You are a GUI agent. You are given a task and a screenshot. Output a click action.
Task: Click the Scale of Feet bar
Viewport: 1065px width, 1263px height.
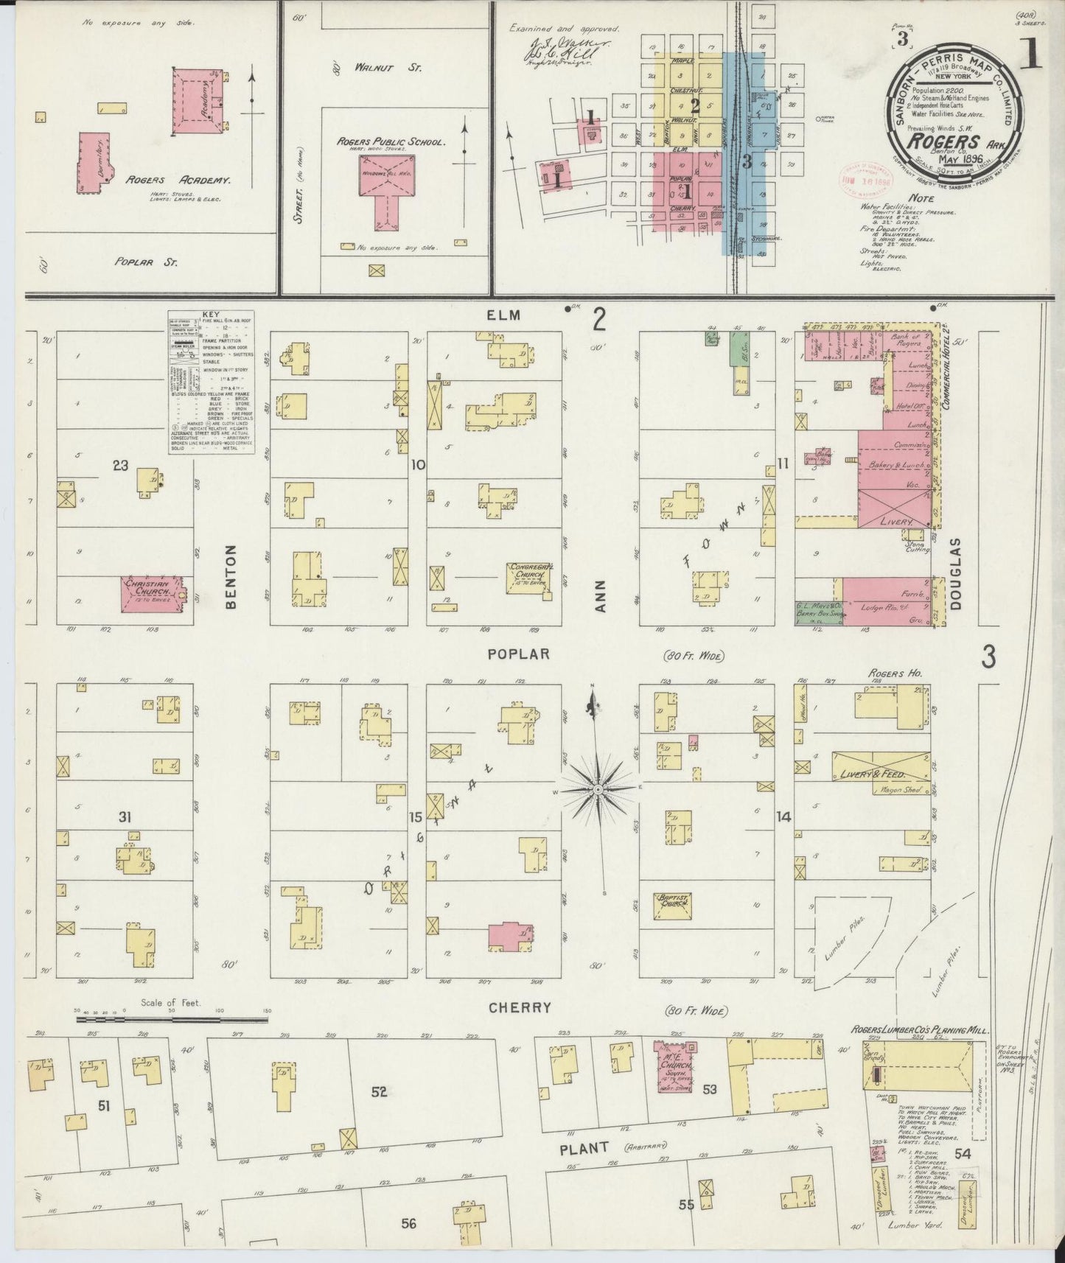[x=172, y=1021]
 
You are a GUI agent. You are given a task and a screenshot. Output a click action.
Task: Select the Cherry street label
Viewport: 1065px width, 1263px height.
[x=520, y=1007]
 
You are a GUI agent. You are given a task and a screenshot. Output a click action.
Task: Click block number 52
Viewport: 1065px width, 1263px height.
[x=380, y=1091]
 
